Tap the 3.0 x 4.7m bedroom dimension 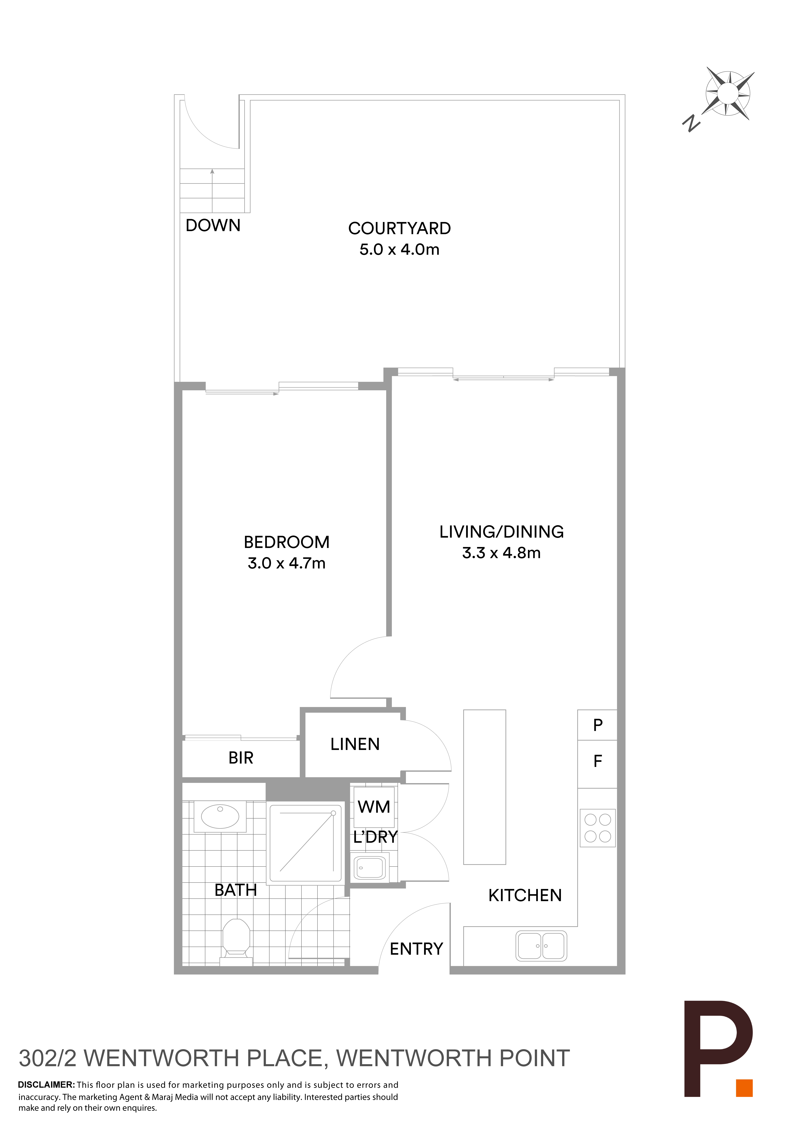click(287, 563)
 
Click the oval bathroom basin click(220, 816)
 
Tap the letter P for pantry click(598, 725)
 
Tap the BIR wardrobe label click(241, 758)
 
